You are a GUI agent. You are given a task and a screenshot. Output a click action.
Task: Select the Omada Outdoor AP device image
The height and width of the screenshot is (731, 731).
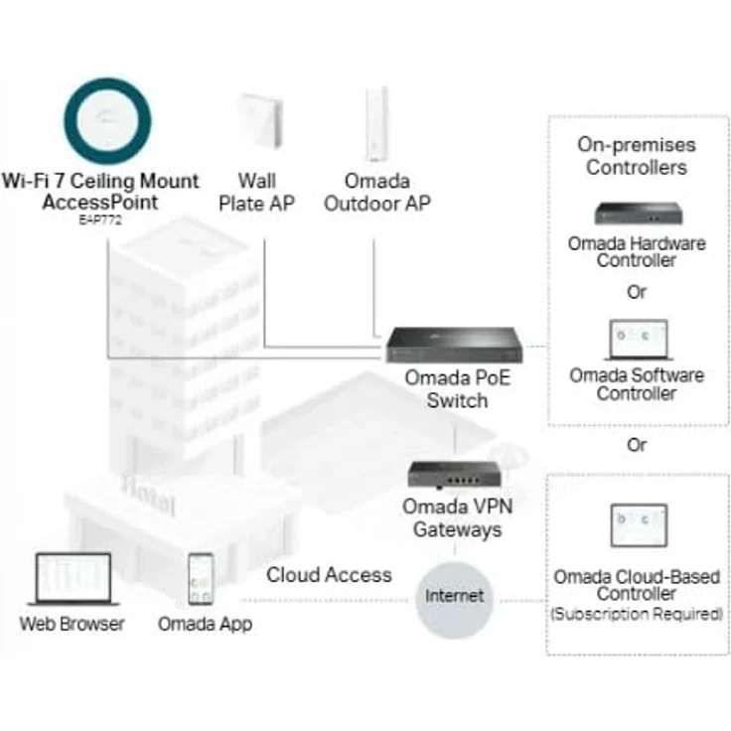tap(376, 123)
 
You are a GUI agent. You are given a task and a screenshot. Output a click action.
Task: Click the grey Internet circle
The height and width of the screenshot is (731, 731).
tap(455, 596)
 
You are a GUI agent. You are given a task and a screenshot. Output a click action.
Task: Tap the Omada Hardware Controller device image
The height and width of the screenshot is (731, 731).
tap(637, 214)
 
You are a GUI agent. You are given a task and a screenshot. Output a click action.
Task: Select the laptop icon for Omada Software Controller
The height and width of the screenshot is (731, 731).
tap(637, 341)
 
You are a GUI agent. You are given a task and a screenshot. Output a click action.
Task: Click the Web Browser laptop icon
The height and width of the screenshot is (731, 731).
tap(72, 579)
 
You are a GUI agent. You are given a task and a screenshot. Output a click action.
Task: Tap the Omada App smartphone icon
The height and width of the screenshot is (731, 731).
tap(203, 580)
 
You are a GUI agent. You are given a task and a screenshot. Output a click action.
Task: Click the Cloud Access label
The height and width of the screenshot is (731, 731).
tap(329, 575)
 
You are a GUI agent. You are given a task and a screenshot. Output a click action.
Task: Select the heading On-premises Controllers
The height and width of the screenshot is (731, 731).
tap(637, 156)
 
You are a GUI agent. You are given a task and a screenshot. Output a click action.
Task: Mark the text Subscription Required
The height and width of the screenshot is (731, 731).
tap(637, 615)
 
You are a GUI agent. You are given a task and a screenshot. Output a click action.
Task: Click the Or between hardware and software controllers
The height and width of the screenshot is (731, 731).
tap(637, 292)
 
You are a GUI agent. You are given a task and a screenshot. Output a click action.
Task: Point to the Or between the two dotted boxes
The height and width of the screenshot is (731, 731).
tap(637, 444)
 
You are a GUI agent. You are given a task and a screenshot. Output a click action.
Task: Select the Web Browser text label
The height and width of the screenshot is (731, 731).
tap(73, 625)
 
